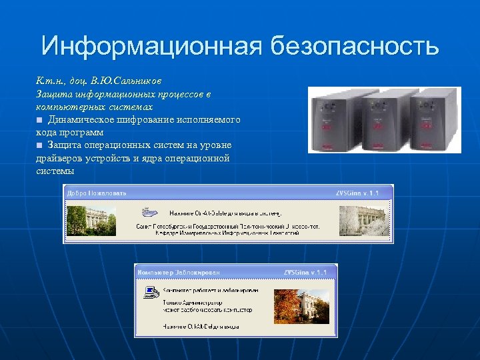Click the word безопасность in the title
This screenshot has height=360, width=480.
[355, 47]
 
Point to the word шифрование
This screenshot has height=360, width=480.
[149, 119]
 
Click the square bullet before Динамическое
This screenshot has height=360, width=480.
[40, 120]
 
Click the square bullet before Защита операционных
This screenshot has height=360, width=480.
[40, 145]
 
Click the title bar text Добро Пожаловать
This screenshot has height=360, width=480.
[96, 193]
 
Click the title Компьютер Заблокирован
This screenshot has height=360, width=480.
[179, 272]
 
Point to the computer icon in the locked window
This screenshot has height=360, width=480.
[151, 291]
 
